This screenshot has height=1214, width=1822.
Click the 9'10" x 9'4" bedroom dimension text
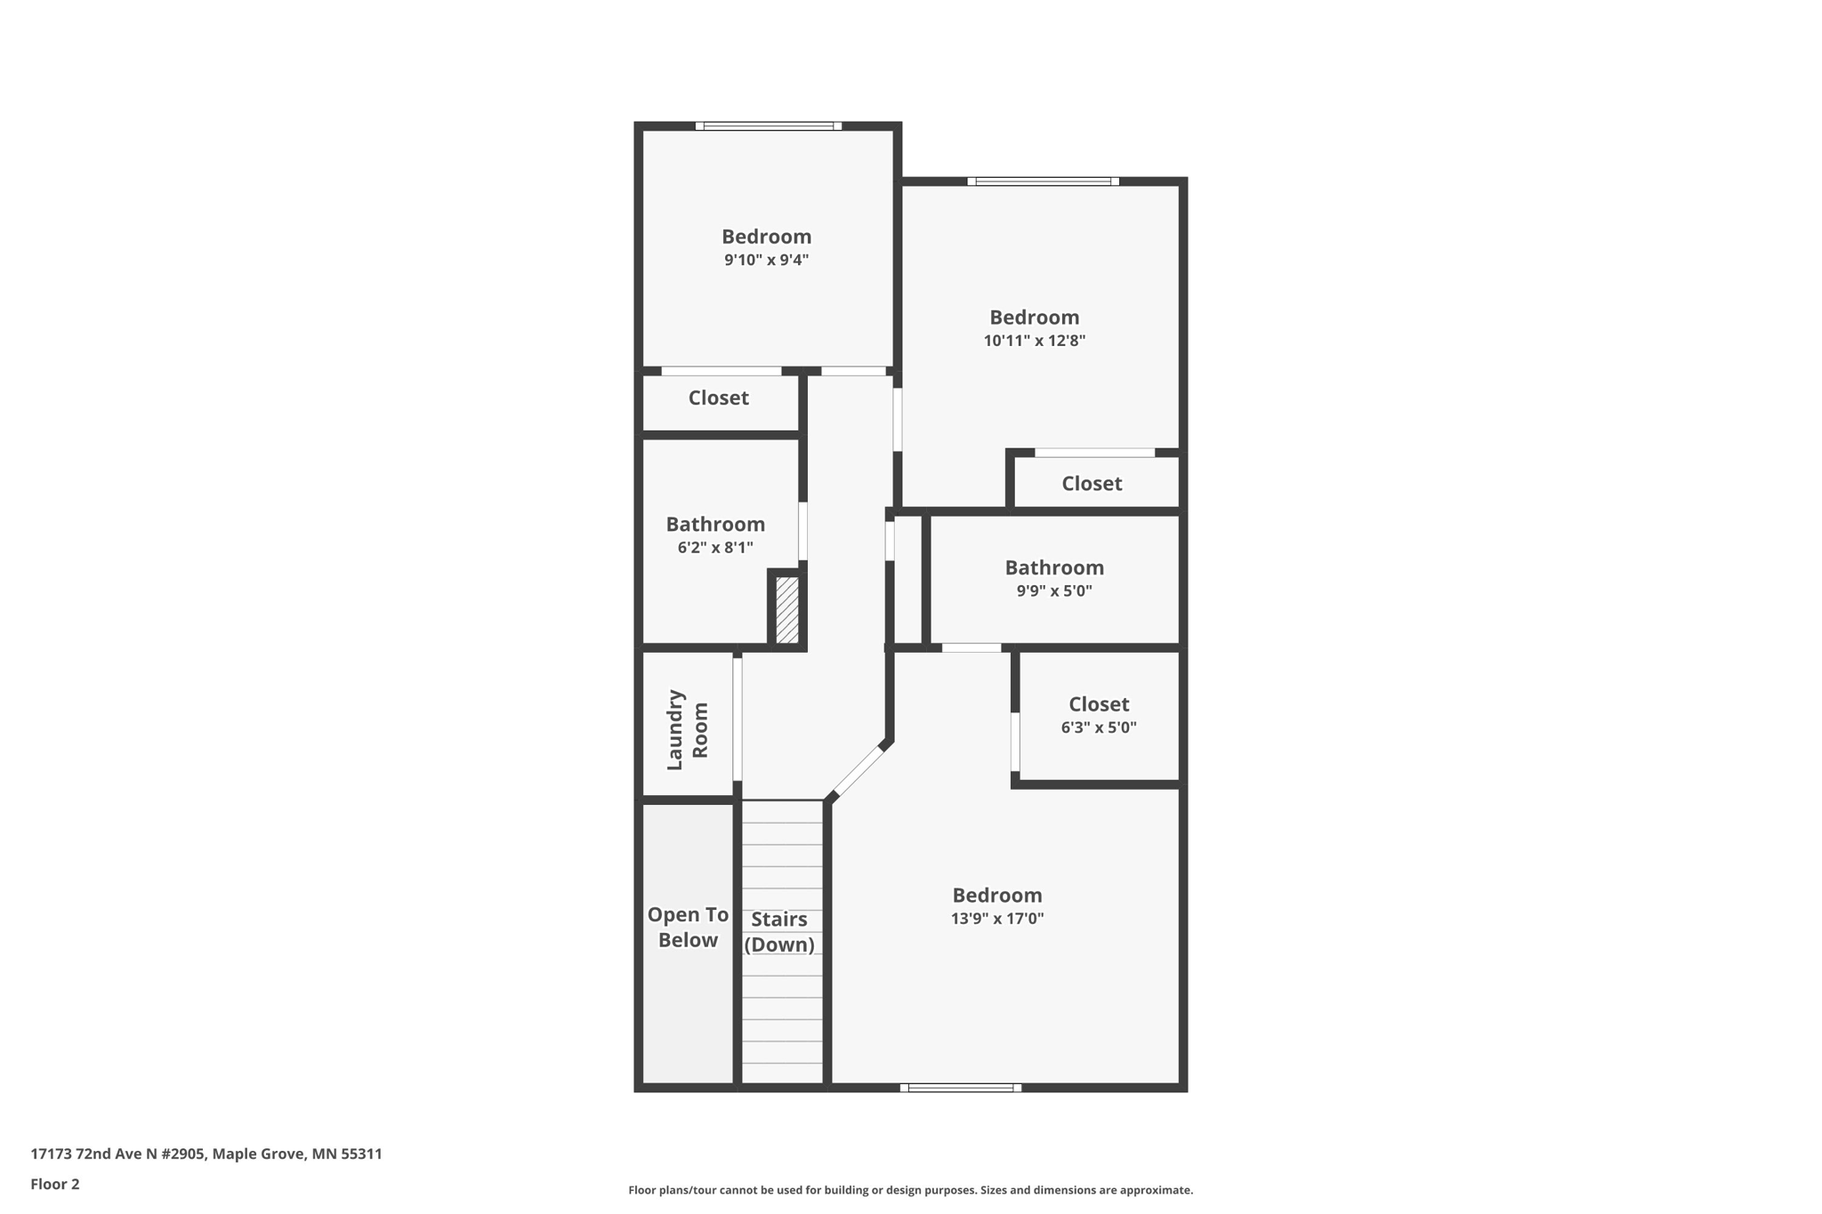[766, 260]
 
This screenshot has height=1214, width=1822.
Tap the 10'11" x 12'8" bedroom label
[1034, 318]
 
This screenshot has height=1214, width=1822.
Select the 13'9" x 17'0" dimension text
[996, 919]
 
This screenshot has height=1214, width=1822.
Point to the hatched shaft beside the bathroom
[787, 610]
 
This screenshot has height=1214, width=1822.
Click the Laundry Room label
[688, 729]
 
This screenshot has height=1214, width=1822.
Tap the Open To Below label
[688, 927]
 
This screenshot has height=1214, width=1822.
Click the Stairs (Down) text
[779, 931]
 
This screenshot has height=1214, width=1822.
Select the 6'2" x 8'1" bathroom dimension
[715, 548]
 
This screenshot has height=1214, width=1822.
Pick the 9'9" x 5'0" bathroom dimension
[1054, 591]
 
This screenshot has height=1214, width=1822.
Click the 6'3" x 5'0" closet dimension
[1099, 728]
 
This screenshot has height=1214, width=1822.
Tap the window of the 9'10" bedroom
[769, 126]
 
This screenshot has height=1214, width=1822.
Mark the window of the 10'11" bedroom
[1043, 181]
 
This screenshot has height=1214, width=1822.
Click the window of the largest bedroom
[961, 1087]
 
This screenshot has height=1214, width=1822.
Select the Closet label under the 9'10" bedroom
[718, 398]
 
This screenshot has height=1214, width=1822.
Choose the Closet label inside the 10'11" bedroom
[1092, 484]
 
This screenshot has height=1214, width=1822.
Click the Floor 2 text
[55, 1184]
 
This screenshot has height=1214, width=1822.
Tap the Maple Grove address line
[206, 1154]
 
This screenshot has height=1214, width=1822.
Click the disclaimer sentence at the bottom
[910, 1190]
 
